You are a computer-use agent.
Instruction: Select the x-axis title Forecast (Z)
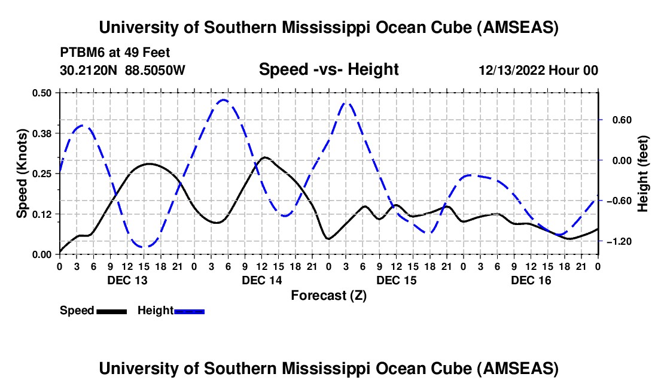[328, 295]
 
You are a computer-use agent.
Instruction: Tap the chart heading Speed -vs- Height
[328, 70]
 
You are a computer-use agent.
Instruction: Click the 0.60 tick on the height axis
[618, 120]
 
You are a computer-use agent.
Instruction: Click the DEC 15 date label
[395, 280]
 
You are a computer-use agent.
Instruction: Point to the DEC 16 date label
[530, 280]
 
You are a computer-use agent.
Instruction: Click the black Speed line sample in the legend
[111, 311]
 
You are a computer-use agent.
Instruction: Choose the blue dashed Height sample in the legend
[189, 311]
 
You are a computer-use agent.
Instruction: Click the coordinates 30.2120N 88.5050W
[123, 71]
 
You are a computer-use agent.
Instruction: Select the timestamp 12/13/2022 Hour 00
[538, 71]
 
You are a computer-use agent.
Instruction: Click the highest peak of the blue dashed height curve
[223, 100]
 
